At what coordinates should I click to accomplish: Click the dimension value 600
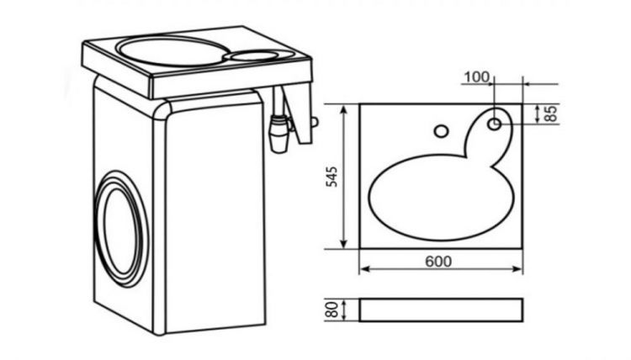[438, 262]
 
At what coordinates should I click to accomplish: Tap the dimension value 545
[332, 177]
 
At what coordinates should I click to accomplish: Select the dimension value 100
[477, 77]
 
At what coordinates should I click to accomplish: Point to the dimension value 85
[550, 114]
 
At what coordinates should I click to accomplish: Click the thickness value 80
[332, 310]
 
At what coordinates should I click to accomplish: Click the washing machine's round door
[120, 230]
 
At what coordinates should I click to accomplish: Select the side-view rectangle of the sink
[441, 310]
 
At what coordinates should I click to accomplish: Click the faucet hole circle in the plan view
[442, 131]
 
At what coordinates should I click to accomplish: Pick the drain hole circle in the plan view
[495, 124]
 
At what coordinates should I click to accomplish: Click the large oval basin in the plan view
[442, 197]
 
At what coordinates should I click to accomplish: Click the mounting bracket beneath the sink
[299, 114]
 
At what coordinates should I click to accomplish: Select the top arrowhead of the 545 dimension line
[343, 109]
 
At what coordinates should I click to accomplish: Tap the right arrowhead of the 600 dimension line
[517, 269]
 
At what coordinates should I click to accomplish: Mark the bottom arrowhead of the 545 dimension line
[343, 243]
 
